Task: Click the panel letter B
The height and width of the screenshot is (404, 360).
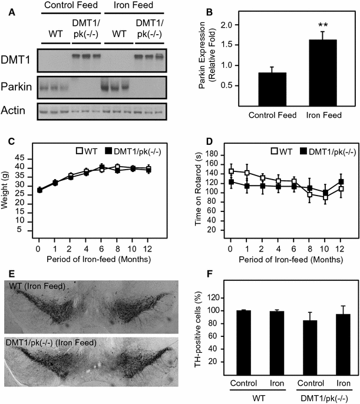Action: [204, 10]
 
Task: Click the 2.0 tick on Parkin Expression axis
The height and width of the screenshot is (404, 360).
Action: [224, 26]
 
